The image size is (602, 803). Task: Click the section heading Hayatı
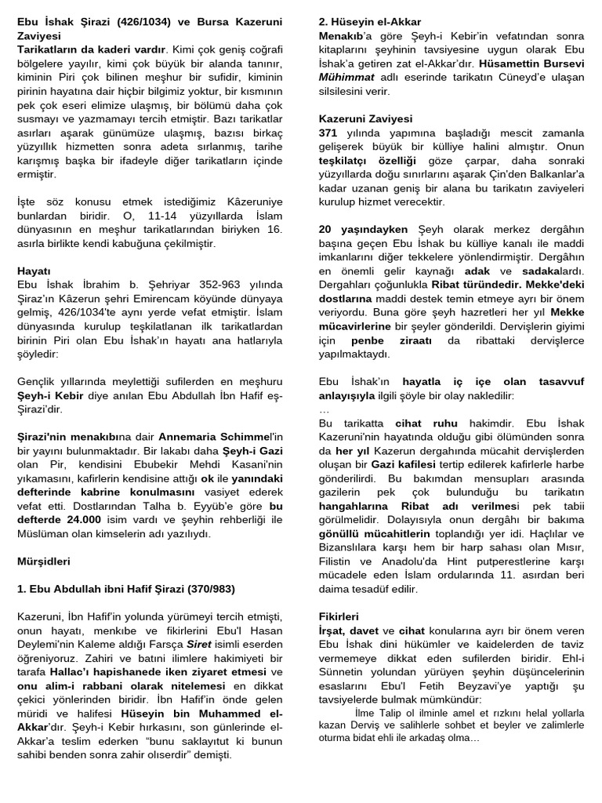[34, 271]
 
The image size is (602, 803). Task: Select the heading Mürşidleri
[44, 561]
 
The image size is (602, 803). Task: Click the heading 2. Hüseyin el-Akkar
[370, 21]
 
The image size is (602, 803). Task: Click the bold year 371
[328, 133]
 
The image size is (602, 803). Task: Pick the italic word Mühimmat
[345, 78]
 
